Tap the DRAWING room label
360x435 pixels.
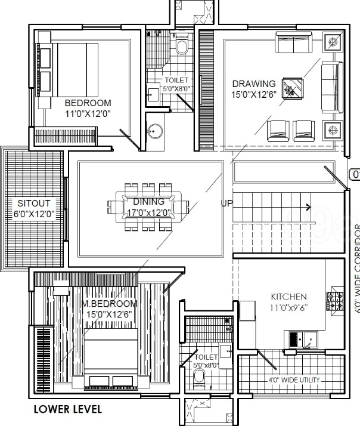[x=254, y=84]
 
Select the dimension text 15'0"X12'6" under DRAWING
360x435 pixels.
[x=254, y=94]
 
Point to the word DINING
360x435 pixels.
[x=148, y=202]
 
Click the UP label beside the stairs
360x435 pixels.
[x=226, y=203]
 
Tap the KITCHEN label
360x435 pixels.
[x=289, y=297]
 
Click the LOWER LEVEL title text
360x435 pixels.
[x=68, y=409]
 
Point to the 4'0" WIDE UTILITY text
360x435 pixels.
[x=293, y=380]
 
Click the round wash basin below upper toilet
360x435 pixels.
[x=155, y=131]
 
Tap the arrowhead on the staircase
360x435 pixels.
[x=308, y=208]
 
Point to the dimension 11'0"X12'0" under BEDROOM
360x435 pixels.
[x=88, y=113]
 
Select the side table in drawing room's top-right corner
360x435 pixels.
[x=332, y=42]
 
